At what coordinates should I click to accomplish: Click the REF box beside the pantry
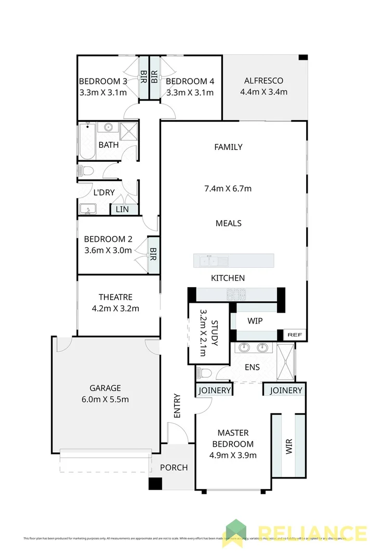294,334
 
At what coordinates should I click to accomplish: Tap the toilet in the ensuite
204,372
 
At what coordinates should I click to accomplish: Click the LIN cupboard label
122,209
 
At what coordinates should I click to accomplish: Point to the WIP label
255,321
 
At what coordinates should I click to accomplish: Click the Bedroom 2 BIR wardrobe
153,255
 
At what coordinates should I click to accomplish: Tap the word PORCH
174,467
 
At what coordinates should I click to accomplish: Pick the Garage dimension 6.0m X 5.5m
105,399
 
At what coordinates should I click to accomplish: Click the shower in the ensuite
286,359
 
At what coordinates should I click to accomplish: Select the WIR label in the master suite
289,445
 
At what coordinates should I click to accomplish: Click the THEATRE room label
115,297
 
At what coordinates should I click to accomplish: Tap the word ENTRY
177,405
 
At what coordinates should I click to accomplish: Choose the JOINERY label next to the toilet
214,390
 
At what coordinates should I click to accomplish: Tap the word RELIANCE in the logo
312,533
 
